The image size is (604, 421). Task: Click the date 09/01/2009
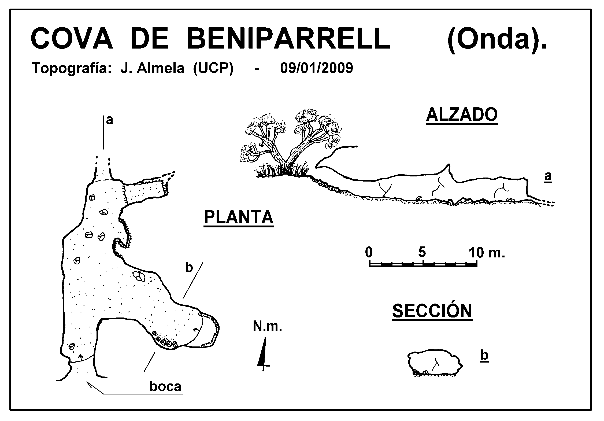(x=317, y=68)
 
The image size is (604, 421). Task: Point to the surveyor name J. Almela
(x=152, y=68)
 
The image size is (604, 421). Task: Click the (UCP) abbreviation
(x=213, y=69)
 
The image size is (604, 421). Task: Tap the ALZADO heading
(x=462, y=115)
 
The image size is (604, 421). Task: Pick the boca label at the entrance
(x=165, y=387)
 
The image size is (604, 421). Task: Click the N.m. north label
(x=268, y=327)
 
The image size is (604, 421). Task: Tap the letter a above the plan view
(x=109, y=121)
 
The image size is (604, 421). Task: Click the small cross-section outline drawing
(x=435, y=364)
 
